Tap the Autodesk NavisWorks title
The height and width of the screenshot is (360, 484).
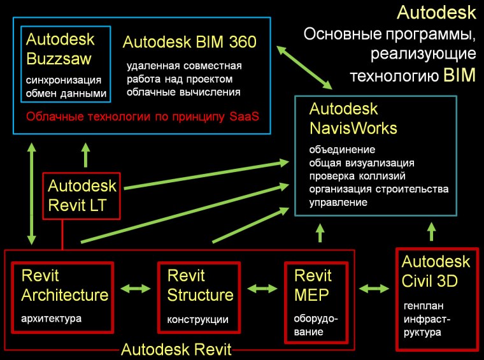pyautogui.click(x=353, y=119)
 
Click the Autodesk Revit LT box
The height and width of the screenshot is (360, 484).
pyautogui.click(x=83, y=195)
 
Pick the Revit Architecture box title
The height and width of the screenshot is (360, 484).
pyautogui.click(x=64, y=285)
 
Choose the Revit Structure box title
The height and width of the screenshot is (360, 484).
pyautogui.click(x=200, y=285)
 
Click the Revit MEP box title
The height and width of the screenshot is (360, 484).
pyautogui.click(x=313, y=285)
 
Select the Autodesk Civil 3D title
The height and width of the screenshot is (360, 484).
pyautogui.click(x=436, y=271)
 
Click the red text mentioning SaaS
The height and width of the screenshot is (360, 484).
pyautogui.click(x=143, y=118)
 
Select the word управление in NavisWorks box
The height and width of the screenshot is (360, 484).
pyautogui.click(x=338, y=203)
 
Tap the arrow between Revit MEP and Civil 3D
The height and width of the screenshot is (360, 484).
pyautogui.click(x=374, y=289)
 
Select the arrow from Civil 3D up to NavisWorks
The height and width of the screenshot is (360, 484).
pyautogui.click(x=432, y=231)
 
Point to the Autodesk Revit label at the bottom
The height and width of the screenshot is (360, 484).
pyautogui.click(x=176, y=350)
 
